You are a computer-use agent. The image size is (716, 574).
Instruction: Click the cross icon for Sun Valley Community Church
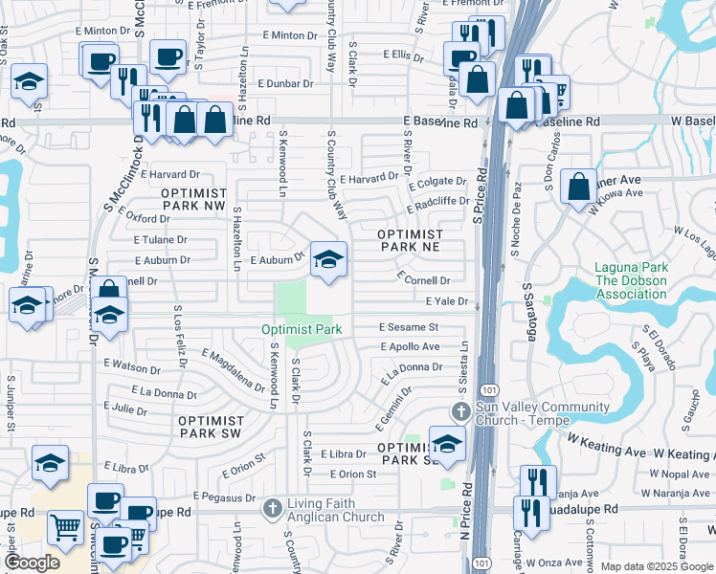pyautogui.click(x=460, y=413)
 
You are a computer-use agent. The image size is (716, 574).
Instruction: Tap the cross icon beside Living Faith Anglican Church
pyautogui.click(x=272, y=509)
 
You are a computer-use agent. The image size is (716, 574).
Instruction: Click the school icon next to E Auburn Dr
pyautogui.click(x=328, y=259)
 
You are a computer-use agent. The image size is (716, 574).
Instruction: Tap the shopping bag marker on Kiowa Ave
pyautogui.click(x=579, y=187)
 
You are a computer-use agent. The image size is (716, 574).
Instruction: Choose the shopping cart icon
pyautogui.click(x=65, y=526)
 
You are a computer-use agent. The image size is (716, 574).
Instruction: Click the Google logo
pyautogui.click(x=32, y=562)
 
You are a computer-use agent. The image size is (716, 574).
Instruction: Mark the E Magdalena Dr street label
pyautogui.click(x=233, y=370)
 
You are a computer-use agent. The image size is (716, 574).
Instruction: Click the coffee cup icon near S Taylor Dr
pyautogui.click(x=168, y=58)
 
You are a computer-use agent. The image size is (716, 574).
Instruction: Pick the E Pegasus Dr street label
pyautogui.click(x=226, y=497)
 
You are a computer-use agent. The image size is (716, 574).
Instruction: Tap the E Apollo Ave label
pyautogui.click(x=410, y=346)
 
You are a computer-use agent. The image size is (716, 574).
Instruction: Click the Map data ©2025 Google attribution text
pyautogui.click(x=656, y=566)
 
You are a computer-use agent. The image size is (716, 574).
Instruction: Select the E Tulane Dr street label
pyautogui.click(x=161, y=241)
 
